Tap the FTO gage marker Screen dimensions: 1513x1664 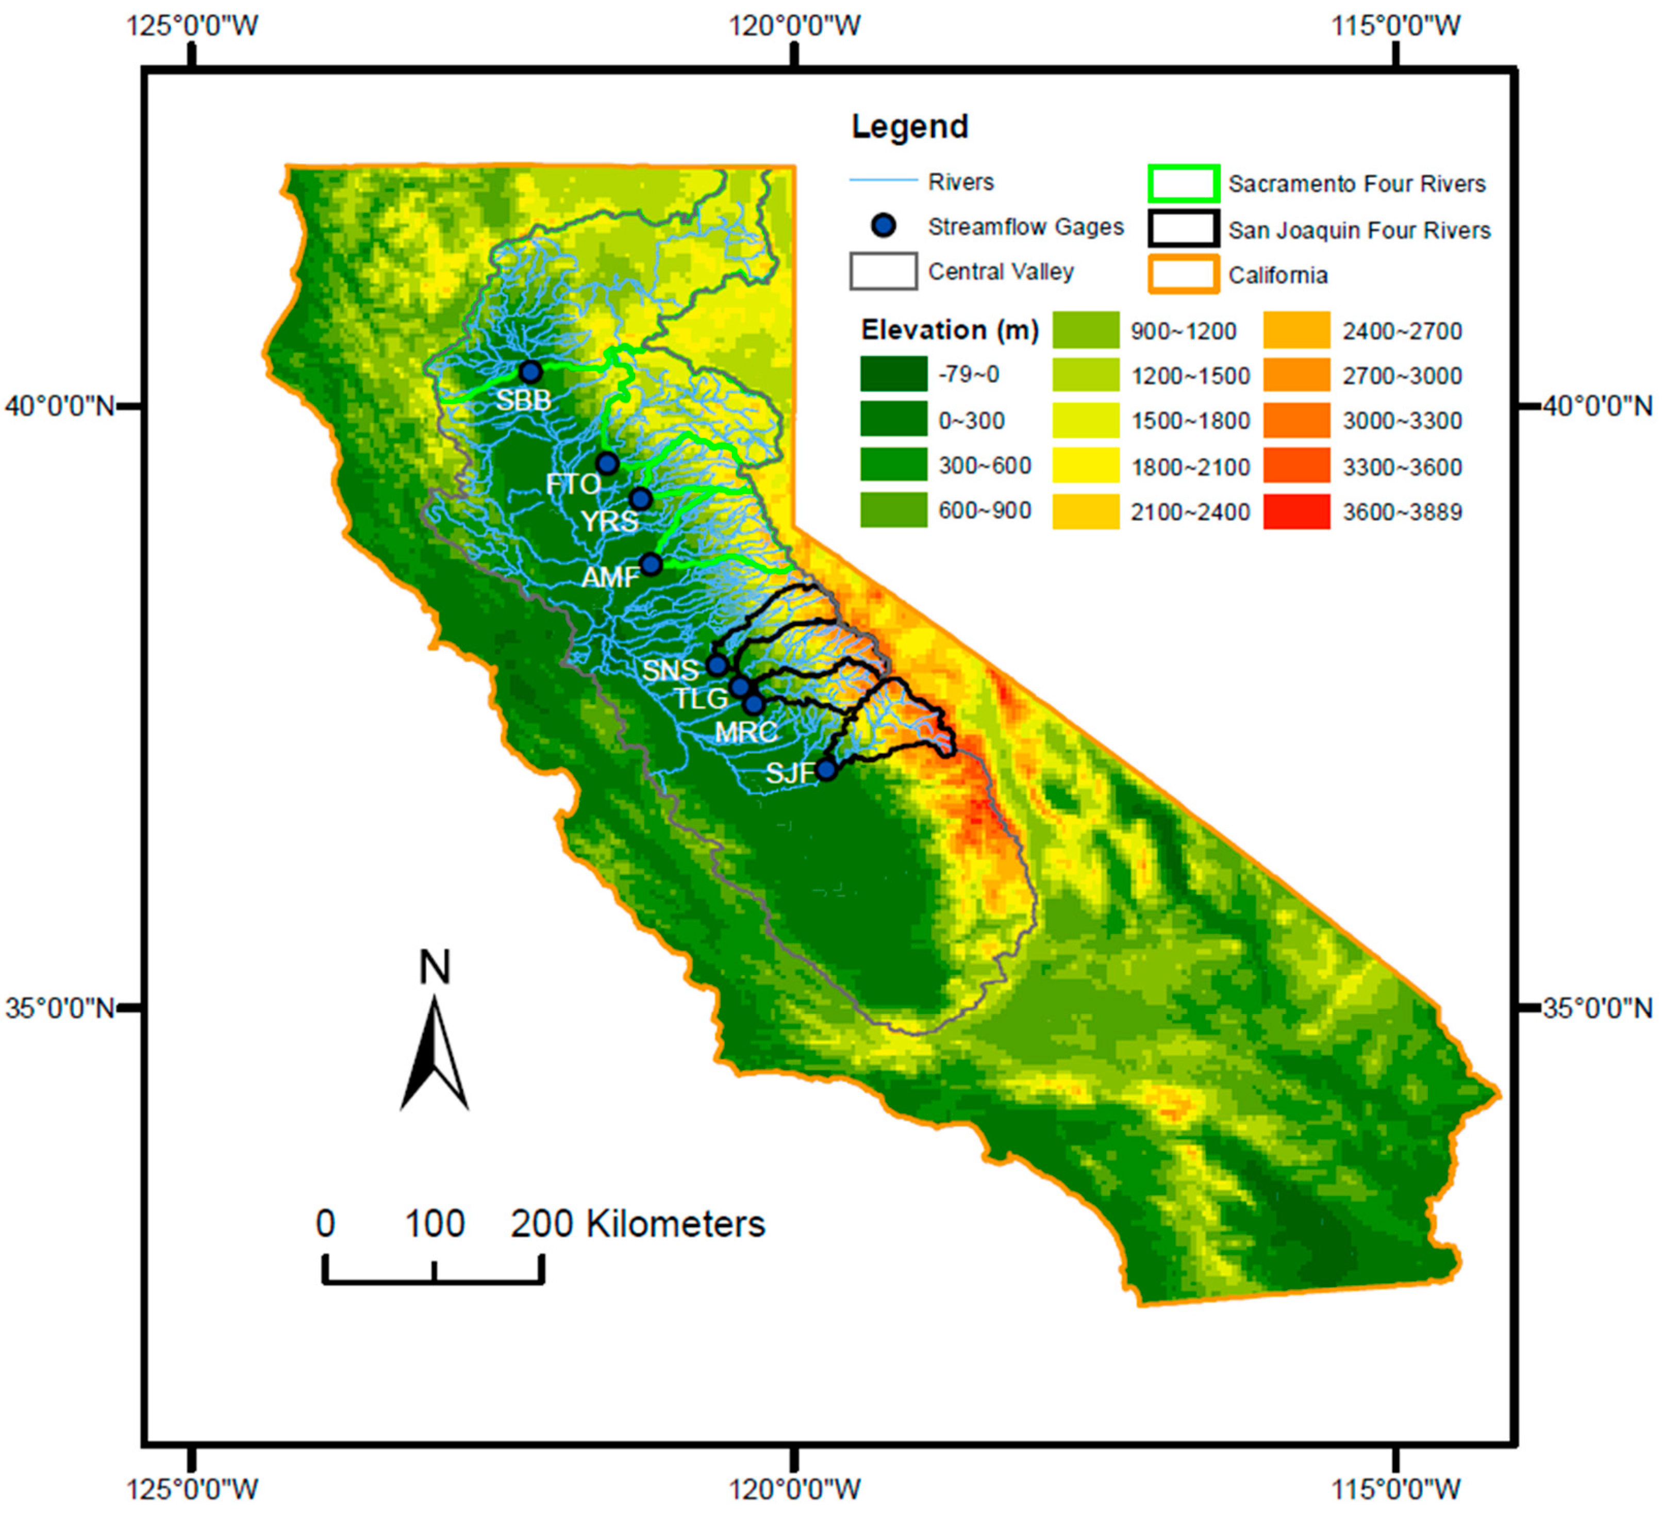coord(607,463)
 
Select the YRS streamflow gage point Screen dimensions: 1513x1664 coord(641,498)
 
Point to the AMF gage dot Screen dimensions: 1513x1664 coord(651,564)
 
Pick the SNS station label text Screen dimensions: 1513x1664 coord(670,670)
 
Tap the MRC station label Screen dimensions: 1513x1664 coord(745,732)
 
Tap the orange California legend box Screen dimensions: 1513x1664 coord(1184,275)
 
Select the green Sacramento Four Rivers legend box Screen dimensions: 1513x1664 coord(1184,183)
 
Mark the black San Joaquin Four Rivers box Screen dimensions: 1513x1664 coord(1184,229)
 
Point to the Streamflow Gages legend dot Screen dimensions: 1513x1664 coord(884,226)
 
